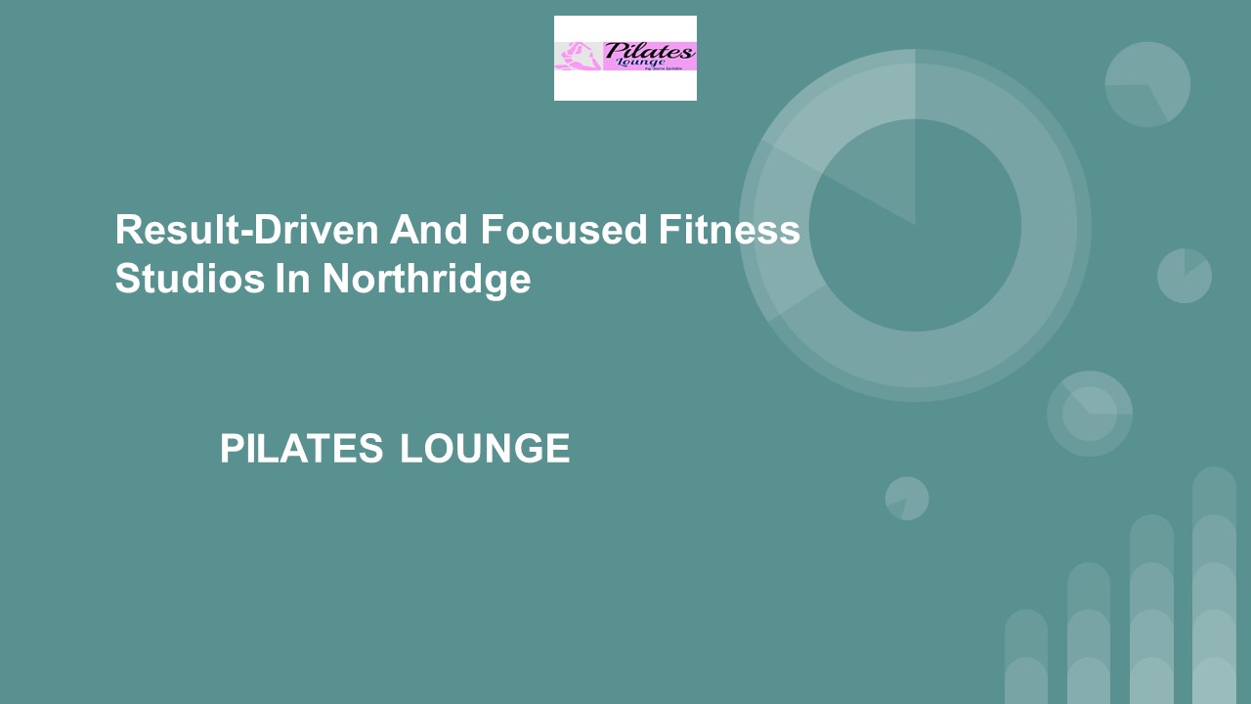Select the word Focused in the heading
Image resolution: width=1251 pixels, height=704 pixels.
point(564,231)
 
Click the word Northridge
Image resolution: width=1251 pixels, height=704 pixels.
point(426,279)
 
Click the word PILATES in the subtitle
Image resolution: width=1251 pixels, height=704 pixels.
point(301,449)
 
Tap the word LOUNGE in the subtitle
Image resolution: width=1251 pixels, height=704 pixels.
point(485,449)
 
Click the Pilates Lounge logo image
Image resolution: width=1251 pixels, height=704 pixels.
point(625,58)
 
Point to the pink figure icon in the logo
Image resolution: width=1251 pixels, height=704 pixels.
point(578,56)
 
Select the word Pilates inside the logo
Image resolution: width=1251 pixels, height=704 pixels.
point(649,51)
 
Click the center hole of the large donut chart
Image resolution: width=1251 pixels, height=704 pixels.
point(915,226)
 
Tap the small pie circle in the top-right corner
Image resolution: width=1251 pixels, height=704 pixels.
point(1147,84)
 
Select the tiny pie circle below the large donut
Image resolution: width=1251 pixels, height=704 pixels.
point(907,499)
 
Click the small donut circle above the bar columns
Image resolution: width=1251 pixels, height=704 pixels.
point(1090,414)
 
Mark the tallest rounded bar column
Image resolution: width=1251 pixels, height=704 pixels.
point(1214,587)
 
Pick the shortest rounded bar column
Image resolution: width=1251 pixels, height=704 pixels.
point(1026,657)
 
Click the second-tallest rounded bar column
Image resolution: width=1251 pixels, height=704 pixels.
point(1151,610)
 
